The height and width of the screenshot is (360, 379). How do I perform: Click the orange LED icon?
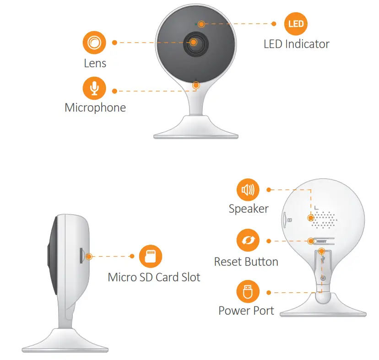[x=296, y=24]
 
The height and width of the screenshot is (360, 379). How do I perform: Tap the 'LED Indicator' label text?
[x=296, y=44]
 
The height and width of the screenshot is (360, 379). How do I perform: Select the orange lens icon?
[x=94, y=43]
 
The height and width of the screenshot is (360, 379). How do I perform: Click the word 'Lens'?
[x=95, y=63]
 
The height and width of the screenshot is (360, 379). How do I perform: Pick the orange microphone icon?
[x=94, y=88]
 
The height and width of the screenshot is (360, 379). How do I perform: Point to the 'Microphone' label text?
[x=95, y=108]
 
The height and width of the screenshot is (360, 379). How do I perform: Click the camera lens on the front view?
[x=194, y=43]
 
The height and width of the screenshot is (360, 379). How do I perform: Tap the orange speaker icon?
[x=248, y=189]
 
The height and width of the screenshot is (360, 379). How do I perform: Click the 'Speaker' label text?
[x=249, y=209]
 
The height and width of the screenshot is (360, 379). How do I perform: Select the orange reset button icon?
[x=248, y=241]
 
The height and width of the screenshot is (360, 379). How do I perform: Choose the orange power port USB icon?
[x=248, y=292]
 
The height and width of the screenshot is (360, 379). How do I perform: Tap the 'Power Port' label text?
[x=246, y=311]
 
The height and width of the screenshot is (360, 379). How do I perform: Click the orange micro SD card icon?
[x=151, y=257]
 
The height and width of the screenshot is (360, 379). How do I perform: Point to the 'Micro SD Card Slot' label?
[x=154, y=277]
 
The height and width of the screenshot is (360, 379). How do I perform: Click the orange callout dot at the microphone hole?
[x=196, y=85]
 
